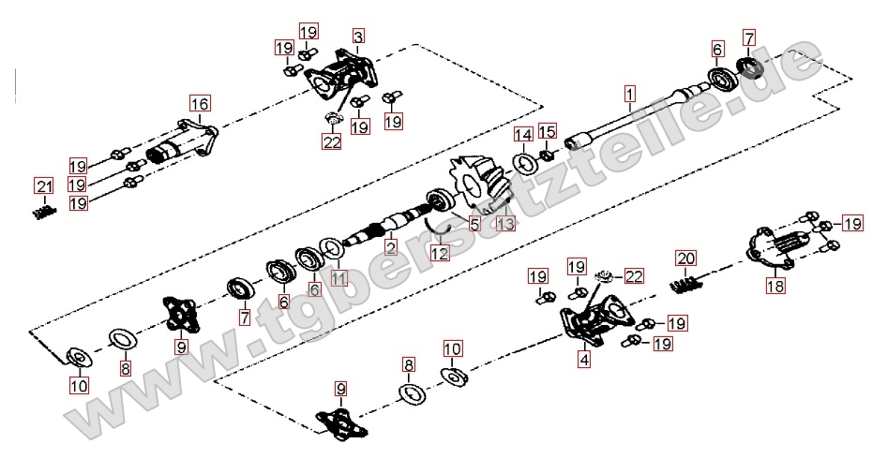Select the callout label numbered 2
[390, 246]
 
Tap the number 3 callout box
[358, 37]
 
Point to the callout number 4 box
[584, 359]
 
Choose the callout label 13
[506, 224]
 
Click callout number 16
[199, 104]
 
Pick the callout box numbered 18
[776, 286]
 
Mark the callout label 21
[44, 186]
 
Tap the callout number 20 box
[685, 259]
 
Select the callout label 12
[440, 253]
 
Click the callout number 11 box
[338, 278]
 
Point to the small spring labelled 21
[44, 214]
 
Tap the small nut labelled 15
[547, 154]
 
